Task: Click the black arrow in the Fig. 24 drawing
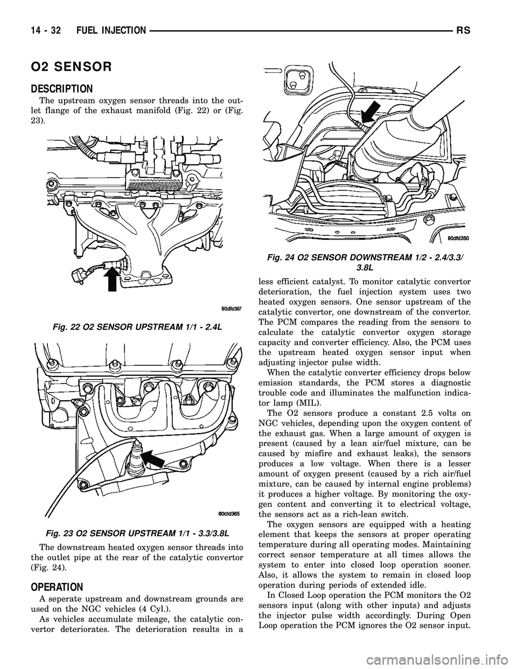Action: [x=370, y=115]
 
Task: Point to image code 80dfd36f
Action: [x=232, y=308]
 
